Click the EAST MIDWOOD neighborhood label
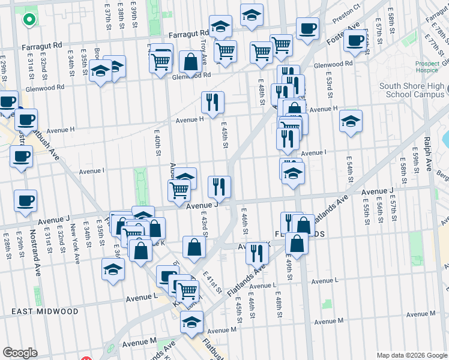(45, 311)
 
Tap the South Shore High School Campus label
(412, 91)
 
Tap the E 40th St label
(158, 146)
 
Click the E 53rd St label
(330, 86)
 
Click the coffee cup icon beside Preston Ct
(307, 28)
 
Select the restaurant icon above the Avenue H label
(212, 102)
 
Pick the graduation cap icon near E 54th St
(351, 121)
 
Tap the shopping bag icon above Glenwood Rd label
(190, 62)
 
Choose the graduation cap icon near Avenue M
(191, 322)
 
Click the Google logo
(20, 353)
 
